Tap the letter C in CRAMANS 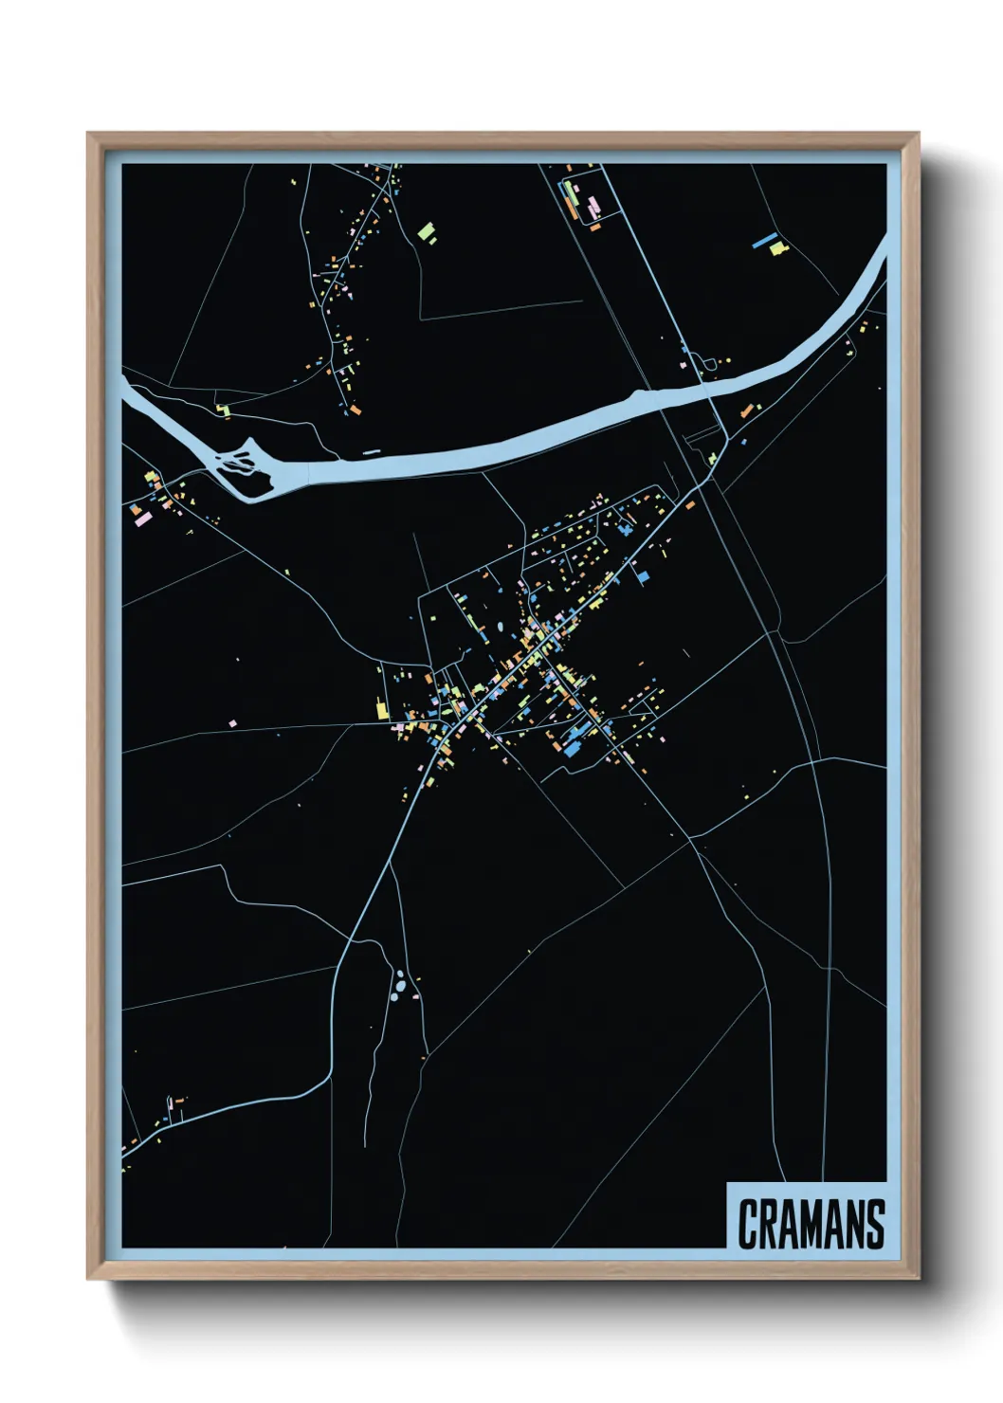(x=746, y=1224)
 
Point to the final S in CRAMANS (x=874, y=1224)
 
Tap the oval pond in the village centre (x=500, y=627)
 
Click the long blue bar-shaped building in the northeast (x=764, y=240)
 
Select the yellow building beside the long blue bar (x=778, y=248)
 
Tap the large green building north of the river (x=427, y=231)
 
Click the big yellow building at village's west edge (x=382, y=709)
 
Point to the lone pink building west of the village (x=232, y=723)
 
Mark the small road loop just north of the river (x=707, y=364)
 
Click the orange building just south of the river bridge (x=747, y=410)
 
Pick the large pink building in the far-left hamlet (x=143, y=518)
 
